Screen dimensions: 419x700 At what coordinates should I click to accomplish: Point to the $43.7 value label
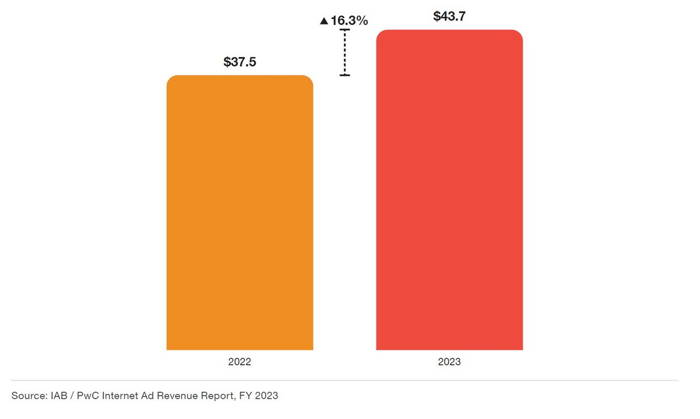click(449, 17)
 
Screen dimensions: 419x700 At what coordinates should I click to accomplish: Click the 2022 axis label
click(240, 362)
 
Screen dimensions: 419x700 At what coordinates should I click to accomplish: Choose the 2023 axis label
click(449, 362)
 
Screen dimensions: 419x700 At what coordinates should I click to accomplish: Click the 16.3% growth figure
click(349, 21)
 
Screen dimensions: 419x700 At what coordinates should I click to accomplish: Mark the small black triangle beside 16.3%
click(324, 22)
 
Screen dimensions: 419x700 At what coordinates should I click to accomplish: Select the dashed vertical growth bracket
click(345, 53)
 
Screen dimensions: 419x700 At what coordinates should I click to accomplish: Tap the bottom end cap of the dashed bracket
click(345, 75)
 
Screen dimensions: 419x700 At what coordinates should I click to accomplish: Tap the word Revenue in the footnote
click(181, 396)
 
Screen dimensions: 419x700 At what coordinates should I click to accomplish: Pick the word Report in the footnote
click(220, 396)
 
